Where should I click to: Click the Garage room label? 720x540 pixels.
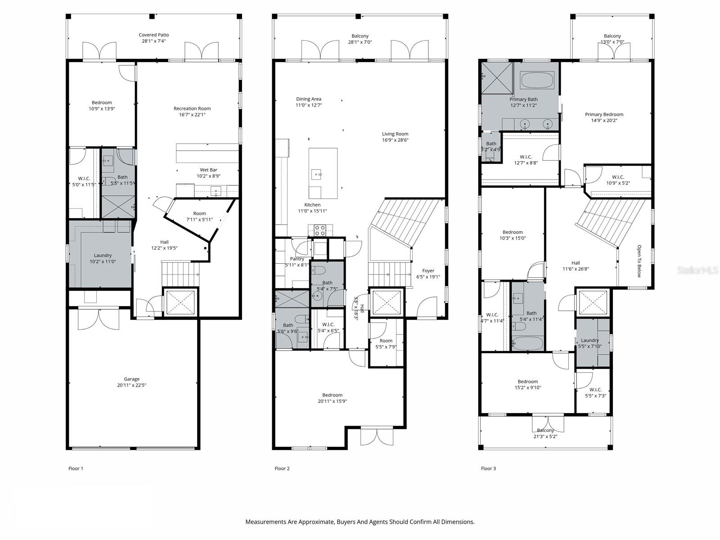(x=132, y=379)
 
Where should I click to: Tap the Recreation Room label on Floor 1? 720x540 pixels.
(x=192, y=108)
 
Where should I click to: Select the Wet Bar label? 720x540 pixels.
(x=208, y=170)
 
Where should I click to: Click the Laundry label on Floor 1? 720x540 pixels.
(x=103, y=255)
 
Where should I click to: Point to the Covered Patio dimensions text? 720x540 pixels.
(x=154, y=41)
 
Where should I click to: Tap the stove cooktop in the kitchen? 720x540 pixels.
(x=320, y=230)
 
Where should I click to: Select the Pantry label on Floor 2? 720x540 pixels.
(x=297, y=259)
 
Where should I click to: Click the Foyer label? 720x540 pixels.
(x=428, y=270)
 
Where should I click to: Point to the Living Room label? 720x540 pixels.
(x=395, y=134)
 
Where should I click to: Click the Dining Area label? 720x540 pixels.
(x=309, y=99)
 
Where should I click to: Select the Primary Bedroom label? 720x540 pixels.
(x=604, y=114)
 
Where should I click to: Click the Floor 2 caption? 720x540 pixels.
(x=282, y=468)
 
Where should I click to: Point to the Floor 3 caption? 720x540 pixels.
(x=488, y=468)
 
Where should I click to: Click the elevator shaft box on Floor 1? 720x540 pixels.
(x=180, y=302)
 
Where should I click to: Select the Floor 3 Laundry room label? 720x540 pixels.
(x=589, y=340)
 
